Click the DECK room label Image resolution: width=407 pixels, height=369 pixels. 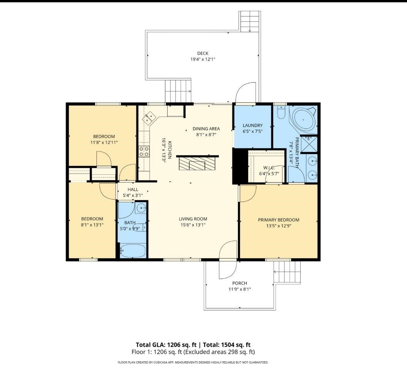pyautogui.click(x=203, y=54)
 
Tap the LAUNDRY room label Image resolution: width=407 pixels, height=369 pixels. pyautogui.click(x=252, y=125)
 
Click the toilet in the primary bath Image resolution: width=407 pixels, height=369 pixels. pyautogui.click(x=281, y=112)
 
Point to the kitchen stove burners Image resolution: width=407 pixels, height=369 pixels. pyautogui.click(x=144, y=151)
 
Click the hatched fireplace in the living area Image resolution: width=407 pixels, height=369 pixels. pyautogui.click(x=197, y=163)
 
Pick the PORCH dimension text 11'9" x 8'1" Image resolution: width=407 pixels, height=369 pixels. pyautogui.click(x=240, y=289)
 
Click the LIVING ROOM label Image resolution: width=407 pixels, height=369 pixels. pyautogui.click(x=193, y=219)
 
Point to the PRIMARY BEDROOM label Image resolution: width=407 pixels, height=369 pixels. pyautogui.click(x=279, y=220)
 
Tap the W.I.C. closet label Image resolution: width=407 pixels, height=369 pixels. pyautogui.click(x=269, y=168)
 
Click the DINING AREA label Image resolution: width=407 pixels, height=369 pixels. pyautogui.click(x=206, y=129)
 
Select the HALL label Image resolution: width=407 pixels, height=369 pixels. pyautogui.click(x=133, y=190)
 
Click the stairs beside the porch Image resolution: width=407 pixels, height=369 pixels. pyautogui.click(x=287, y=272)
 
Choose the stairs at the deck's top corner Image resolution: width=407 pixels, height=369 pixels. pyautogui.click(x=249, y=22)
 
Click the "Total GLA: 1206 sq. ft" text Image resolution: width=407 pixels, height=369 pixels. pyautogui.click(x=166, y=345)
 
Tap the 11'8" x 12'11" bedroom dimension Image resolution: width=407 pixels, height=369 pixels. pyautogui.click(x=104, y=142)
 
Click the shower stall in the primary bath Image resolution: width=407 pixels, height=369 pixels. pyautogui.click(x=309, y=144)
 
